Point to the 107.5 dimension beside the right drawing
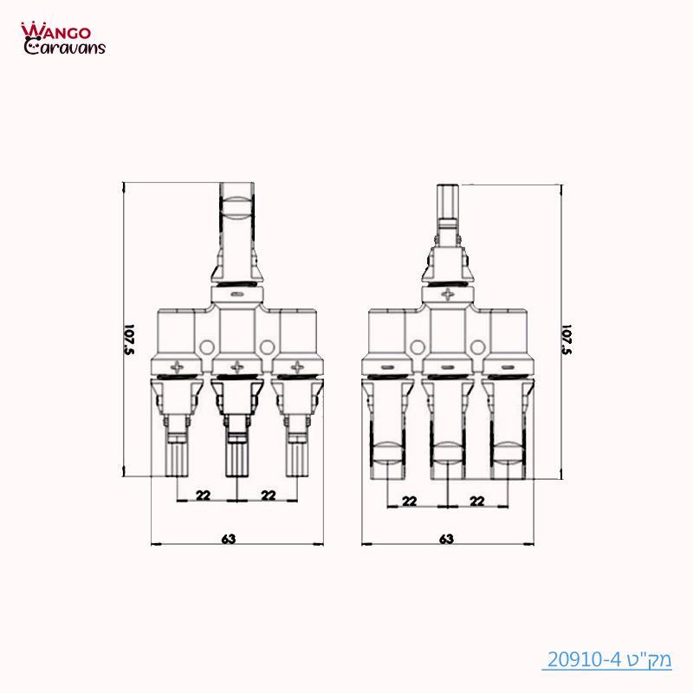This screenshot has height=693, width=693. pyautogui.click(x=569, y=340)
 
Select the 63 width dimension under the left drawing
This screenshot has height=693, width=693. pyautogui.click(x=229, y=539)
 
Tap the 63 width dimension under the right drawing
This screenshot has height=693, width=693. pyautogui.click(x=446, y=539)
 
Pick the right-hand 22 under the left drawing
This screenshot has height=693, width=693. pyautogui.click(x=269, y=495)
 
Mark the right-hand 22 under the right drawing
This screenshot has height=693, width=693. pyautogui.click(x=476, y=501)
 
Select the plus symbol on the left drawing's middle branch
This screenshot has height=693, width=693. pyautogui.click(x=236, y=366)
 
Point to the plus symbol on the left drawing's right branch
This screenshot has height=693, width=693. pyautogui.click(x=295, y=366)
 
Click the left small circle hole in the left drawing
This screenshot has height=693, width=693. pyautogui.click(x=205, y=347)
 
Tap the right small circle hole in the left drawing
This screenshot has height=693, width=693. pyautogui.click(x=267, y=347)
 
